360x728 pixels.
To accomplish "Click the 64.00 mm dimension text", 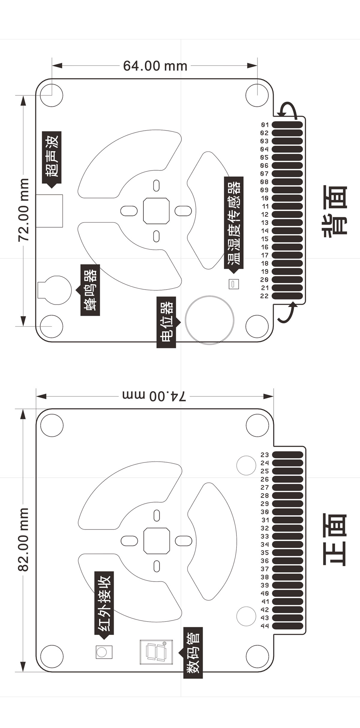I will (x=155, y=66).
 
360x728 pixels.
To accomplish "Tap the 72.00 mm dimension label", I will (x=23, y=210).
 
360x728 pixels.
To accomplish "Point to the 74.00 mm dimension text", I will (x=154, y=396).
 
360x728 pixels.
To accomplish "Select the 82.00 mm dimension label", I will (x=23, y=540).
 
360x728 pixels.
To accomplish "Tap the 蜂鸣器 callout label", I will (x=90, y=290).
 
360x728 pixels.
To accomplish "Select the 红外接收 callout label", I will (x=104, y=603).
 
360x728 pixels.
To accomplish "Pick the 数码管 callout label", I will (x=193, y=653).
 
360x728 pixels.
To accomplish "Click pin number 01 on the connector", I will (x=265, y=125).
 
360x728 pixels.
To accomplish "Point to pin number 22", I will (x=264, y=296).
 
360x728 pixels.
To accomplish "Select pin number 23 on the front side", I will (x=265, y=455).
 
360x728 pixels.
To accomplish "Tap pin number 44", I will (x=265, y=626).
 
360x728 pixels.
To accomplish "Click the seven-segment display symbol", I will (x=156, y=652).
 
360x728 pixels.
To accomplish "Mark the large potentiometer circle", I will (x=209, y=320).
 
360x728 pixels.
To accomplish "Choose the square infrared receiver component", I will (x=104, y=652).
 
